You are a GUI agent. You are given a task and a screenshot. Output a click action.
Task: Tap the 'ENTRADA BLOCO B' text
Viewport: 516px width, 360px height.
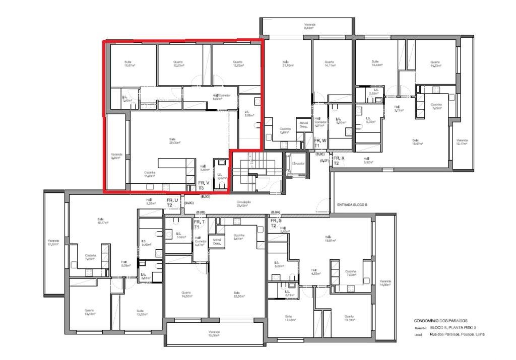(x=352, y=205)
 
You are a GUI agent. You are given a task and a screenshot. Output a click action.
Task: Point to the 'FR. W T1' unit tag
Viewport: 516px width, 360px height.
(x=320, y=142)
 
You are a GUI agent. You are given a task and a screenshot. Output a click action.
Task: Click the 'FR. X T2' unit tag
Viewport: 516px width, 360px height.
(x=339, y=161)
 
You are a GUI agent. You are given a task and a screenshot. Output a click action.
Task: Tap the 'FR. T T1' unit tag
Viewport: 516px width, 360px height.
(x=200, y=224)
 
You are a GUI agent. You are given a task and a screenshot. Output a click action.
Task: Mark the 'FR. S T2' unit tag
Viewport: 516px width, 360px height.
(x=276, y=223)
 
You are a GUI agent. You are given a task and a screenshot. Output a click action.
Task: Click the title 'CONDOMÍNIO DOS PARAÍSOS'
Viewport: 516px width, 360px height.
(x=440, y=321)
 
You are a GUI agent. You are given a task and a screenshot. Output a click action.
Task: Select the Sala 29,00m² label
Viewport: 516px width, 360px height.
(x=175, y=140)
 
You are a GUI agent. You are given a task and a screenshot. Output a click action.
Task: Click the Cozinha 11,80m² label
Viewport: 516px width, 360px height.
(x=150, y=174)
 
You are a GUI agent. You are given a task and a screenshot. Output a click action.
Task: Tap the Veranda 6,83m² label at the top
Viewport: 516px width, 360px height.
(x=309, y=26)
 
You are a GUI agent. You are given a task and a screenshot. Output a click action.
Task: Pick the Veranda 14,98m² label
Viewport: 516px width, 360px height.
(x=385, y=283)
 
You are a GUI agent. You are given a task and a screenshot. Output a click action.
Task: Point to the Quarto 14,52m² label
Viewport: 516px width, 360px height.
(x=186, y=294)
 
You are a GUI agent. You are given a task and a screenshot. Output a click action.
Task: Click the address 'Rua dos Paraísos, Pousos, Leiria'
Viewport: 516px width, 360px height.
(x=457, y=334)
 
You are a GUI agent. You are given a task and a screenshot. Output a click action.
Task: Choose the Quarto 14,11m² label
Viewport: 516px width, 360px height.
(x=330, y=63)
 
